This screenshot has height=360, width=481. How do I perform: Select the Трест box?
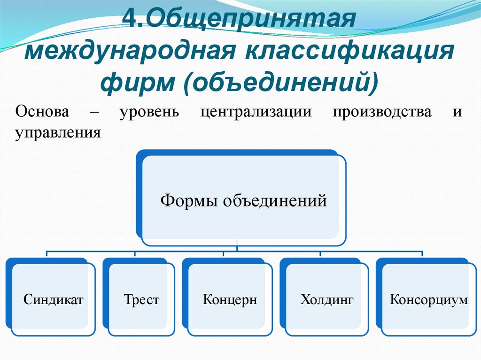(x=141, y=299)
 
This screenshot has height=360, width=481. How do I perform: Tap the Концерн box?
(x=230, y=299)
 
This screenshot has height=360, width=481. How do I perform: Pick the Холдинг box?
(x=327, y=299)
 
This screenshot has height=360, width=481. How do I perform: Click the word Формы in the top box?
(x=189, y=201)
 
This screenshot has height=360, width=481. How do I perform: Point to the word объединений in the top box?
(x=274, y=201)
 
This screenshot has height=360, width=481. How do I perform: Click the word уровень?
(x=149, y=113)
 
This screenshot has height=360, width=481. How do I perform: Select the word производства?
(x=382, y=113)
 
